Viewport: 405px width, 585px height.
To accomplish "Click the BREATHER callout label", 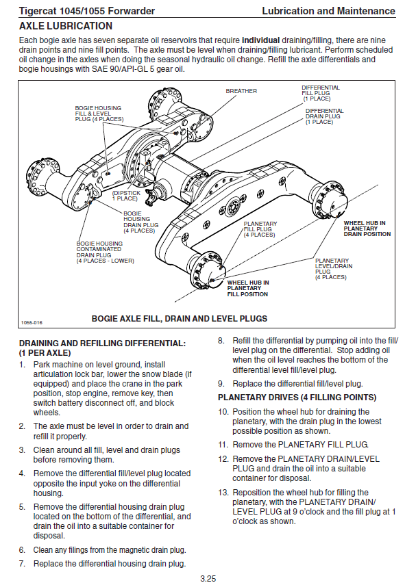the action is point(241,91).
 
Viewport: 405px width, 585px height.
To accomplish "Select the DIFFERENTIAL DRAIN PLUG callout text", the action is point(324,116).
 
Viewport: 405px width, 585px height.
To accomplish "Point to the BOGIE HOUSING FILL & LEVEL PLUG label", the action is point(99,114).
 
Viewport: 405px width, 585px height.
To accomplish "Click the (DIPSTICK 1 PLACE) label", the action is point(126,196).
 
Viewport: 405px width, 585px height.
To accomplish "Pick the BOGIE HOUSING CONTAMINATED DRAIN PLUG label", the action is point(105,252).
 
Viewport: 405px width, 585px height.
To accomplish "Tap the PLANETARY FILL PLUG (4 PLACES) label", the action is point(260,229).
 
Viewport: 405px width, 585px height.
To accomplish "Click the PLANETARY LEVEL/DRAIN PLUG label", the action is point(334,269).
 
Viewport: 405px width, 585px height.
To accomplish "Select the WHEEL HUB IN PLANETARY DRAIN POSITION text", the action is point(367,229).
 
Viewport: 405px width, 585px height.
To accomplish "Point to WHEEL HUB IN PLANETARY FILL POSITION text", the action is point(247,289).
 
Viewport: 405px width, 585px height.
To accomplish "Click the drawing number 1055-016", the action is point(32,322).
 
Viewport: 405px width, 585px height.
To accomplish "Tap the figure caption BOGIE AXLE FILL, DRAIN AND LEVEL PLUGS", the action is point(180,319).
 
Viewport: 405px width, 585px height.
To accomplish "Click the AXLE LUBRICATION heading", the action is point(66,26).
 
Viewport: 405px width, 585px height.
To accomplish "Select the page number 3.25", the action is point(208,579).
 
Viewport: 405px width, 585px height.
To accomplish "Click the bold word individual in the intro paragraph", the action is point(261,40).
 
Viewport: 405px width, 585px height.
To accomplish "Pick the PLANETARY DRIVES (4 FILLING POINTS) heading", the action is point(297,398).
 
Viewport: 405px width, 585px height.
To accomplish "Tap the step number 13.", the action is point(223,493).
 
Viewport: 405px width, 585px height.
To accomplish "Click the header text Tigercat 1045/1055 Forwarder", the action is point(86,11).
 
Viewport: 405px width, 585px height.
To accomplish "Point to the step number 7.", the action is point(22,564).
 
